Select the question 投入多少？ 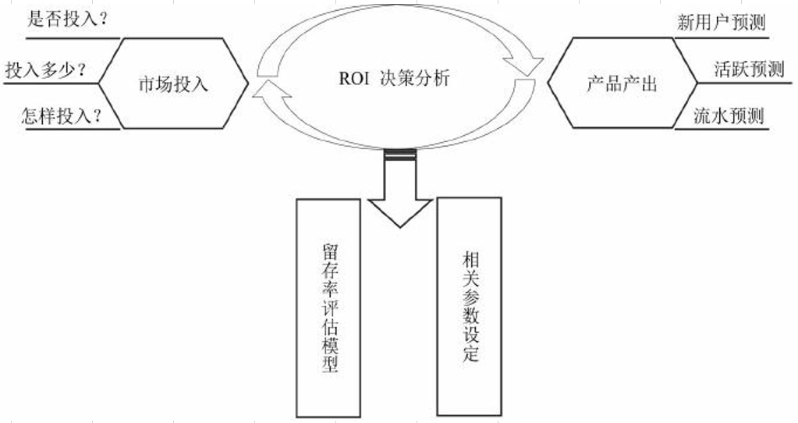click(45, 69)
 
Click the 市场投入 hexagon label click(174, 84)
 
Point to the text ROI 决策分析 click(394, 79)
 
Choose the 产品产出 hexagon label click(622, 84)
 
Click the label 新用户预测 click(721, 22)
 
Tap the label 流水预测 click(729, 116)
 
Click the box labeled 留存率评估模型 click(328, 308)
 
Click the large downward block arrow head click(399, 211)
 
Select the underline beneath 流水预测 click(729, 129)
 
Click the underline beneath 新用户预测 click(722, 34)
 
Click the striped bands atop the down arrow click(399, 155)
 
